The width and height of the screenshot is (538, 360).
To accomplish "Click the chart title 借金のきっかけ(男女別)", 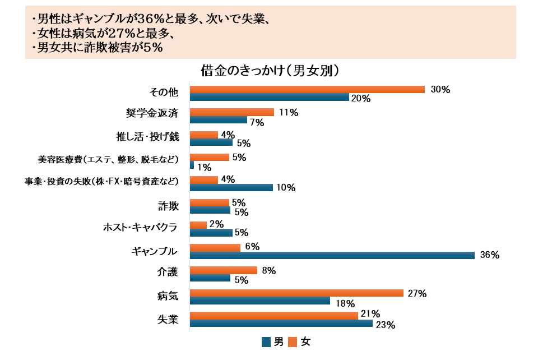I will click(x=270, y=71).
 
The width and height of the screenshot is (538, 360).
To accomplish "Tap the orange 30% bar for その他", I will click(x=307, y=90).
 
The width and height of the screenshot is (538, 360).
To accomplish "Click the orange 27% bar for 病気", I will click(x=296, y=293).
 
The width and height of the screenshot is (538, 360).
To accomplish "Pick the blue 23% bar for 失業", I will click(x=281, y=324).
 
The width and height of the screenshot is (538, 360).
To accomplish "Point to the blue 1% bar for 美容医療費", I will click(x=192, y=165).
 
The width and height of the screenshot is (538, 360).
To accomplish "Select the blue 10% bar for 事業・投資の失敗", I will click(x=231, y=188).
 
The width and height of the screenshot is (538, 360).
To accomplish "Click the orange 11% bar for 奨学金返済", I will click(x=232, y=112).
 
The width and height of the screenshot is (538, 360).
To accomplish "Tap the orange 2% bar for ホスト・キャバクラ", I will click(x=198, y=225).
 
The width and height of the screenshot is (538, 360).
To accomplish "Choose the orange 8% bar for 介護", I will click(x=224, y=270).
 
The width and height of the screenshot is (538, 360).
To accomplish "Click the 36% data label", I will click(x=489, y=255).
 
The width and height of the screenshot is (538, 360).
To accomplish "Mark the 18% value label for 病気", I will click(x=346, y=304).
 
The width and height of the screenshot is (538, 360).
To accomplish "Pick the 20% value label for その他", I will click(x=361, y=99).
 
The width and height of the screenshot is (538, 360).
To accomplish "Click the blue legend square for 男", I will click(x=266, y=342).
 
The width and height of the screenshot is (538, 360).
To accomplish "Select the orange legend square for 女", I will click(x=293, y=342).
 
